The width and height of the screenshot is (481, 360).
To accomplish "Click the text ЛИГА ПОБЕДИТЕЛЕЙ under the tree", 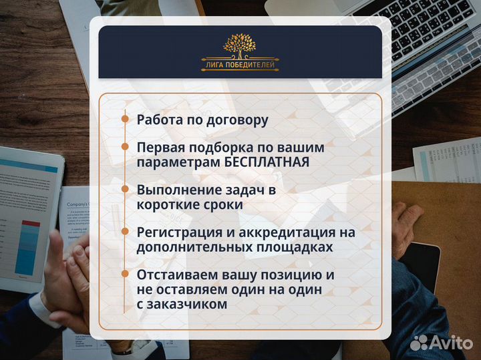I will (x=240, y=65).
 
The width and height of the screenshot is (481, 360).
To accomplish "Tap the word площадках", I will (x=295, y=248).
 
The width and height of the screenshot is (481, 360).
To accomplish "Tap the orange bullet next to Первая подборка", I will (x=125, y=146).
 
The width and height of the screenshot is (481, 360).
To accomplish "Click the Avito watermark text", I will (x=452, y=343).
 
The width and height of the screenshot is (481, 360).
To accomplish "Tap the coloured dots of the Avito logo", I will (x=420, y=343).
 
